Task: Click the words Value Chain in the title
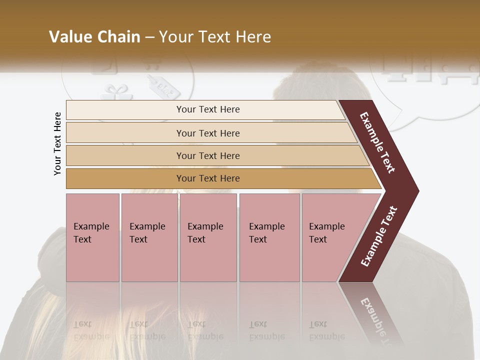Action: coord(94,37)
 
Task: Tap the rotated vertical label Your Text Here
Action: coord(57,143)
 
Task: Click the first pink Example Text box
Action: coord(92,237)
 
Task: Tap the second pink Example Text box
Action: coord(149,237)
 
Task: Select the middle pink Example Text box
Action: coord(208,237)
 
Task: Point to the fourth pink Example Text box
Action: coord(269,237)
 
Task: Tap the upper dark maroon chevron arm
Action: coord(377,142)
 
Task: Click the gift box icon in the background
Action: coord(112,92)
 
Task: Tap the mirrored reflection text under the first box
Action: coord(90,330)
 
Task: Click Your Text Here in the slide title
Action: coord(215,37)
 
